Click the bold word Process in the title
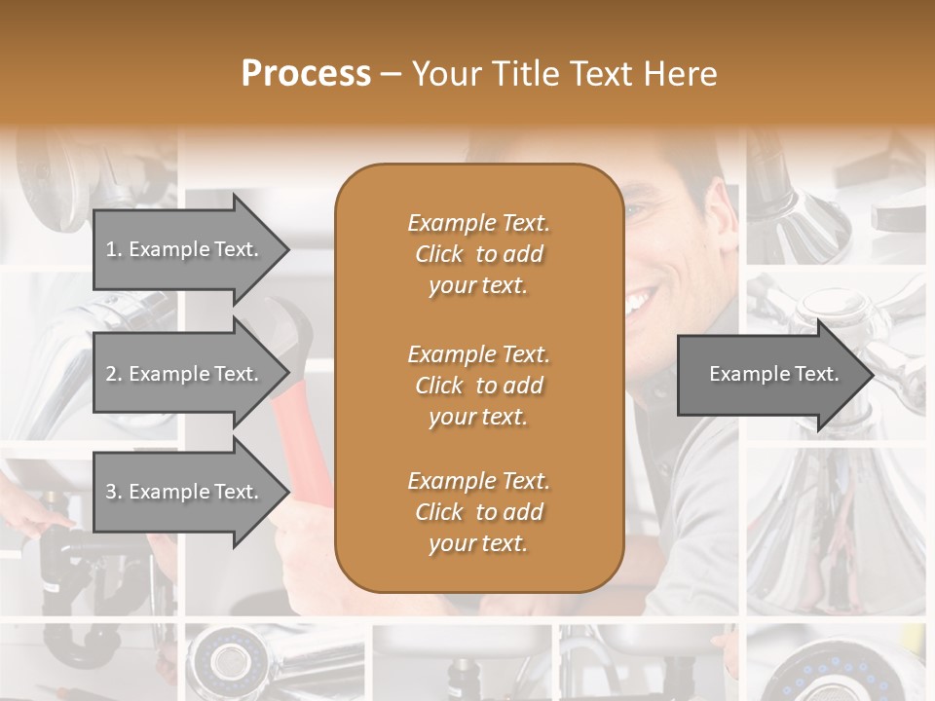coord(306,74)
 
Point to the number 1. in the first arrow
coord(114,249)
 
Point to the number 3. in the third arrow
coord(114,492)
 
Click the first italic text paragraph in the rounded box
coord(478,254)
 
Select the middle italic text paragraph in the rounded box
coord(478,386)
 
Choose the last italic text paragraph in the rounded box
coord(478,512)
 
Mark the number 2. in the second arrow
coord(114,374)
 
